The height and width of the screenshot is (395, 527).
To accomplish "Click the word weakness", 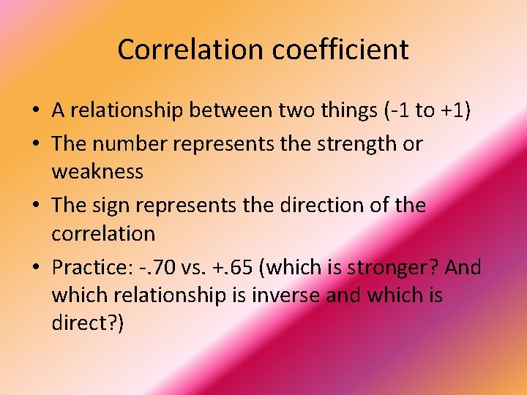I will [x=97, y=172].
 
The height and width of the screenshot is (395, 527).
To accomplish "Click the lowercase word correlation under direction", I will [x=103, y=234].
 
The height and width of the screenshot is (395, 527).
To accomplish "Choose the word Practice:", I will [x=91, y=268].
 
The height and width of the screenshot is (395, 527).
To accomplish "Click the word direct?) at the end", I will [x=88, y=323].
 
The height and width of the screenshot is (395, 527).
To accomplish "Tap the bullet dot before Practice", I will [x=35, y=268].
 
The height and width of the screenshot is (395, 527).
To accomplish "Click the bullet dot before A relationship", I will [x=35, y=111].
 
